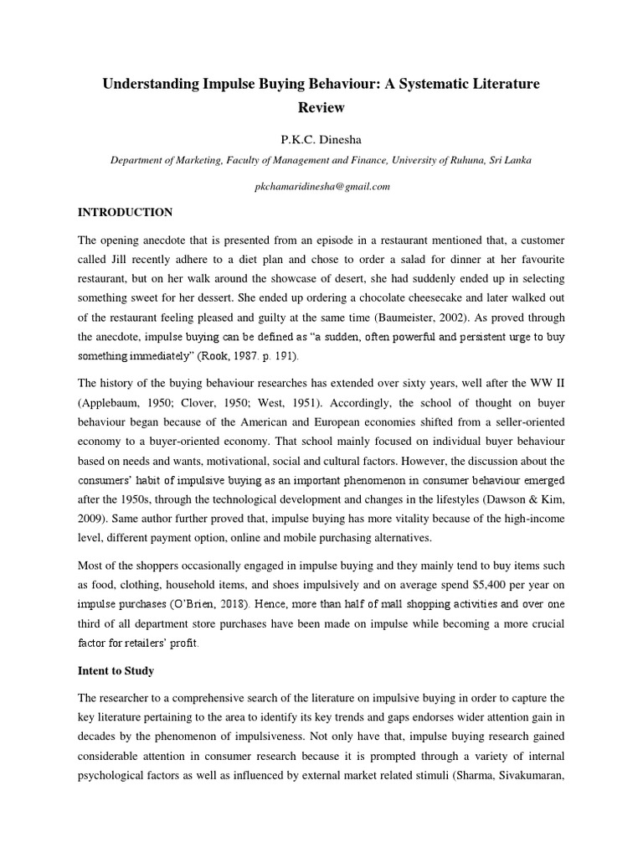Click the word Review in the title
pos(321,107)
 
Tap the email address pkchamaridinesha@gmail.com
pos(321,187)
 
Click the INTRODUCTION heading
pos(125,212)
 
